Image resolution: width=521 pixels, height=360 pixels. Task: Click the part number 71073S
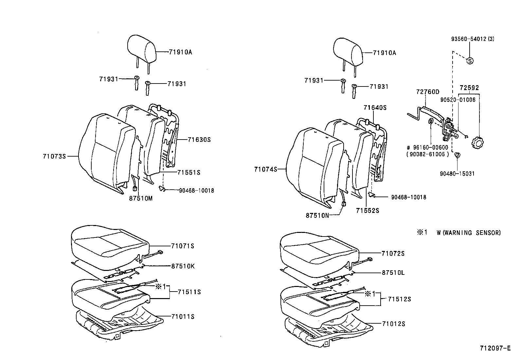click(x=54, y=157)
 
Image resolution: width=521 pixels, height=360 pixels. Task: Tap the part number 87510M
click(x=141, y=199)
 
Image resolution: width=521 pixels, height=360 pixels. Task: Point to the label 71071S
click(x=182, y=246)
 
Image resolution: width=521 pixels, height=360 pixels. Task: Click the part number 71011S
click(x=183, y=317)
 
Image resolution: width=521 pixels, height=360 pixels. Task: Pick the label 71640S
click(x=375, y=108)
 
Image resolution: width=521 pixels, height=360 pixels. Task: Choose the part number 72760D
click(x=428, y=92)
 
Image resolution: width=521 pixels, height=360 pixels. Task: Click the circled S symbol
click(x=470, y=61)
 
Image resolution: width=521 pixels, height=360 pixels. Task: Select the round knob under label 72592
click(x=478, y=143)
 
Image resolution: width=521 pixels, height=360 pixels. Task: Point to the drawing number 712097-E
click(x=495, y=349)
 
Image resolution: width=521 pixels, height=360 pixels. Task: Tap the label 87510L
click(x=393, y=273)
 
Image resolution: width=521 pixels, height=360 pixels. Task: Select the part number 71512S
click(x=400, y=299)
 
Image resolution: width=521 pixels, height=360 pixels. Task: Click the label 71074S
click(x=265, y=169)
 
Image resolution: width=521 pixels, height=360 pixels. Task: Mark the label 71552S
click(x=368, y=211)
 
